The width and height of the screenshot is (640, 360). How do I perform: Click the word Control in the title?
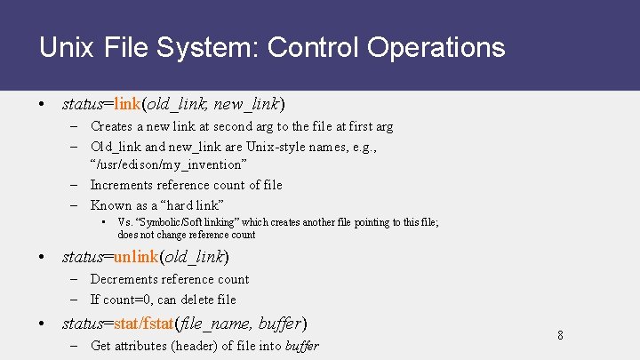pos(308,47)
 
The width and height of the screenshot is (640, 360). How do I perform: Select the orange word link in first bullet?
pos(127,104)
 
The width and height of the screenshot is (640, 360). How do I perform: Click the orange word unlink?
pos(136,258)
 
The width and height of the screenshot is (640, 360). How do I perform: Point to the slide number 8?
pos(560,335)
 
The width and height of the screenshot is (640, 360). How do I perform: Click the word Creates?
pos(112,126)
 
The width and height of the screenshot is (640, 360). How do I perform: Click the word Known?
pos(111,205)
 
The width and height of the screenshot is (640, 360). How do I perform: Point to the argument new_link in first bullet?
pos(246,104)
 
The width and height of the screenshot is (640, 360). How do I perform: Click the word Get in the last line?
pos(101,345)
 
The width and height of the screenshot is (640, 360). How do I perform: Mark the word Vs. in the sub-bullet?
pos(124,222)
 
